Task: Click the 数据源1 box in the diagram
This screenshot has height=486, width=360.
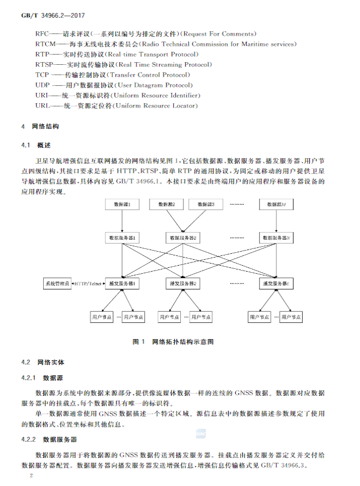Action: pyautogui.click(x=123, y=205)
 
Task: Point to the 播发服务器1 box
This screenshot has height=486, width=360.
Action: pyautogui.click(x=123, y=283)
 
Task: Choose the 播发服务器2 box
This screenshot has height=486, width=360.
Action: pyautogui.click(x=183, y=283)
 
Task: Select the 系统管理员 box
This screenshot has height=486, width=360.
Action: pyautogui.click(x=57, y=283)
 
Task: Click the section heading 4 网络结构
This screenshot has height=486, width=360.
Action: pyautogui.click(x=40, y=127)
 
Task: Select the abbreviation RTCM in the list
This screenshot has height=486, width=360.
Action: pyautogui.click(x=46, y=44)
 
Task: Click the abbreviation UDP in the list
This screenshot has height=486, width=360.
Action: pyautogui.click(x=43, y=85)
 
